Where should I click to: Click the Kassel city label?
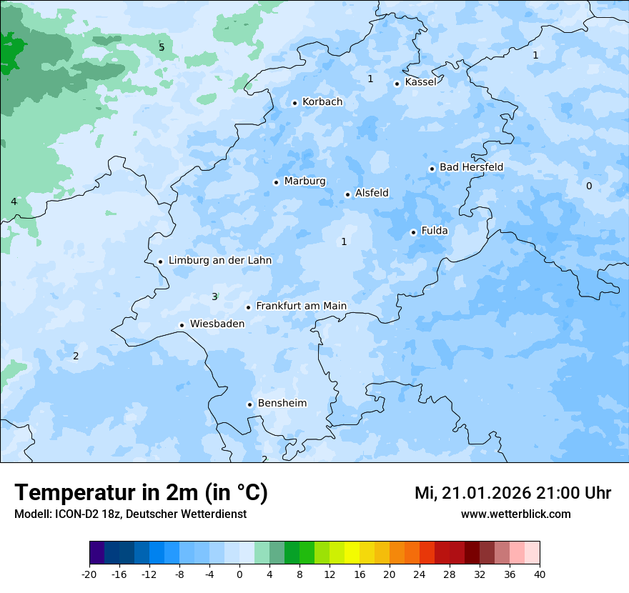pos(420,82)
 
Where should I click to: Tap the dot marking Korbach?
pos(294,103)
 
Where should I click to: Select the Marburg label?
pos(304,181)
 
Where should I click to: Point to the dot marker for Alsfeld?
pos(347,194)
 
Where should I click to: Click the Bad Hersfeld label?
pos(471,167)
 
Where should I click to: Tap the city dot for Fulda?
pos(413,232)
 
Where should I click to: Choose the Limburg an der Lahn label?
pos(219,261)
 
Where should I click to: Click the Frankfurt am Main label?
pos(301,306)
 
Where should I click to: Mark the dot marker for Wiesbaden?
pos(182,325)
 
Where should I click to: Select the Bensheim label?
pos(282,403)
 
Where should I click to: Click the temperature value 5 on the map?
pos(162,47)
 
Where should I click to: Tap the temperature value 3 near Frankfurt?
pos(214,296)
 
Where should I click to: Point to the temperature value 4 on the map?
pos(14,201)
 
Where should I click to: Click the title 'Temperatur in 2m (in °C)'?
pos(142,493)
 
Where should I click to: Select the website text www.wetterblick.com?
pos(515,514)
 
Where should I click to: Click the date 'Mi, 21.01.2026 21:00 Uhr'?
pos(512,493)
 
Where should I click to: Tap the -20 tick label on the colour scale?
pos(89,574)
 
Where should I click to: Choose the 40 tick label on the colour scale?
pos(540,574)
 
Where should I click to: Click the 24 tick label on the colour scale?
pos(420,574)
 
